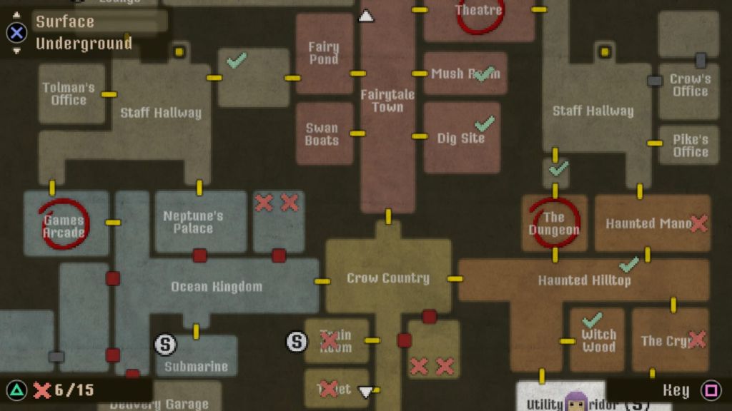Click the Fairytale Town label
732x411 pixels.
[x=387, y=101]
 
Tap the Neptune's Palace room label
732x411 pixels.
[x=193, y=222]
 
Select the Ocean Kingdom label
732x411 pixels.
[x=216, y=287]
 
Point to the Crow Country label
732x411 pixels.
[x=388, y=278]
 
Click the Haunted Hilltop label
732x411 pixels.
[x=584, y=280]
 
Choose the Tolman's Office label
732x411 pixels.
[x=69, y=93]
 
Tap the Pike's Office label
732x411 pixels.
[x=690, y=145]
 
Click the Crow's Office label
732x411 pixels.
[x=690, y=85]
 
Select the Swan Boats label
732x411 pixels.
[x=322, y=134]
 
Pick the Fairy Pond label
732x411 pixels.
[x=323, y=53]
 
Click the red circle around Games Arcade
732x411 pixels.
[x=64, y=223]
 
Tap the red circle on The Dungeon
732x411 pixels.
[x=554, y=223]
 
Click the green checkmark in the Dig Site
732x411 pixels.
[x=485, y=123]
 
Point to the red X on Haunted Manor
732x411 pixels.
[x=698, y=223]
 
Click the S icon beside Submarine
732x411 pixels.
[x=165, y=345]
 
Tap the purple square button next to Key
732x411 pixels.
[x=711, y=390]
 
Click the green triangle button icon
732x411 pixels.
[x=16, y=390]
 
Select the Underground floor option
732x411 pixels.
[x=84, y=44]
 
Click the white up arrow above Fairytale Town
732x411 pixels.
[x=366, y=16]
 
